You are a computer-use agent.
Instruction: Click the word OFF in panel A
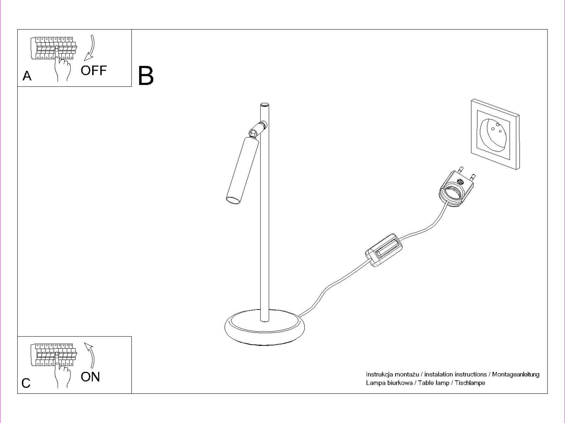pyautogui.click(x=94, y=70)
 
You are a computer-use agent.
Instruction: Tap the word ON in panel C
pyautogui.click(x=90, y=377)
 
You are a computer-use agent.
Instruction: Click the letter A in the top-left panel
pyautogui.click(x=27, y=76)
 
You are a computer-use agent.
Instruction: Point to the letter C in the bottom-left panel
pyautogui.click(x=26, y=383)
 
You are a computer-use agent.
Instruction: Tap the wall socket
pyautogui.click(x=495, y=134)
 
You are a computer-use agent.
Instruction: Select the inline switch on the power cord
pyautogui.click(x=384, y=250)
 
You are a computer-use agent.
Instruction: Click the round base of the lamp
pyautogui.click(x=265, y=327)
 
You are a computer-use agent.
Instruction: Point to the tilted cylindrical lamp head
pyautogui.click(x=242, y=170)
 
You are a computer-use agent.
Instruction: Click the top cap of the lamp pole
pyautogui.click(x=264, y=105)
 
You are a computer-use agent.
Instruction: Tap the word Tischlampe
pyautogui.click(x=470, y=383)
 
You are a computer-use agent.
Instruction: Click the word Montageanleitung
pyautogui.click(x=516, y=374)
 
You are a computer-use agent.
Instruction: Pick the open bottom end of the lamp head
pyautogui.click(x=234, y=200)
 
